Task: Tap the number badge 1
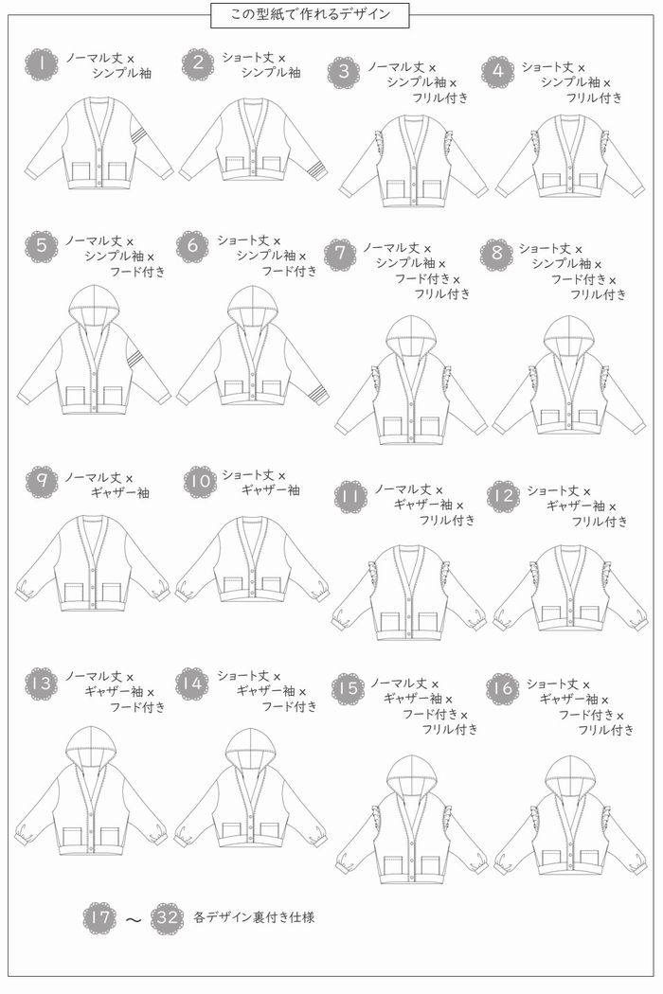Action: pyautogui.click(x=42, y=64)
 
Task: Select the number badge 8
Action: pyautogui.click(x=496, y=255)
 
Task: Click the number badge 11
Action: pyautogui.click(x=350, y=496)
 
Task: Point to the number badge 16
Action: pyautogui.click(x=503, y=689)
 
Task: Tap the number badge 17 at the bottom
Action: pyautogui.click(x=99, y=918)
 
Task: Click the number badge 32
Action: pyautogui.click(x=167, y=918)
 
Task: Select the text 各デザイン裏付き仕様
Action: pyautogui.click(x=247, y=918)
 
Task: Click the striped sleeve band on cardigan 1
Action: pyautogui.click(x=139, y=133)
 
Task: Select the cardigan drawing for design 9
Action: pyautogui.click(x=92, y=563)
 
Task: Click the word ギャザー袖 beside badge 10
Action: pyautogui.click(x=271, y=490)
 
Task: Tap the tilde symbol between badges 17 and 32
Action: pyautogui.click(x=134, y=919)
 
